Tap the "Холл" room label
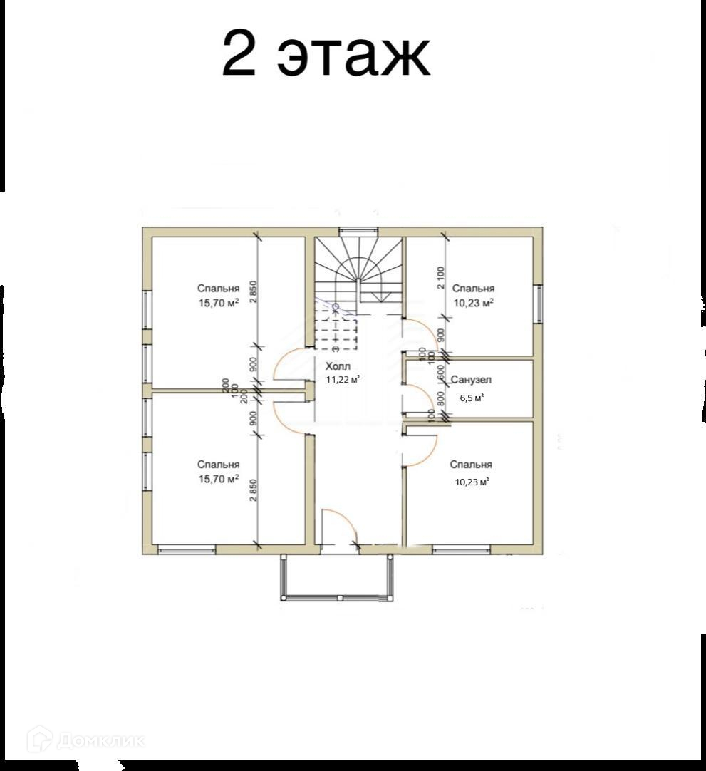(x=338, y=366)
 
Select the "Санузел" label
(x=471, y=380)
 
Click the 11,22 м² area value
(x=343, y=379)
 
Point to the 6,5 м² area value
(x=472, y=398)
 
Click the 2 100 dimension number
(x=440, y=278)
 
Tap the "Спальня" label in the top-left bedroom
(x=218, y=289)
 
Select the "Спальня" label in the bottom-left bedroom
(x=218, y=465)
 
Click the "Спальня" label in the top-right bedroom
(x=473, y=289)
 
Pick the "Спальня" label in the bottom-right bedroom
(x=471, y=465)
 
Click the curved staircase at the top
(x=359, y=268)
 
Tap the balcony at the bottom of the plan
(x=337, y=577)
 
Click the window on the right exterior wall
(x=539, y=304)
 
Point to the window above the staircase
(x=359, y=230)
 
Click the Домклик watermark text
(x=100, y=740)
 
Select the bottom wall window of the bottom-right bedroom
(x=461, y=549)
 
